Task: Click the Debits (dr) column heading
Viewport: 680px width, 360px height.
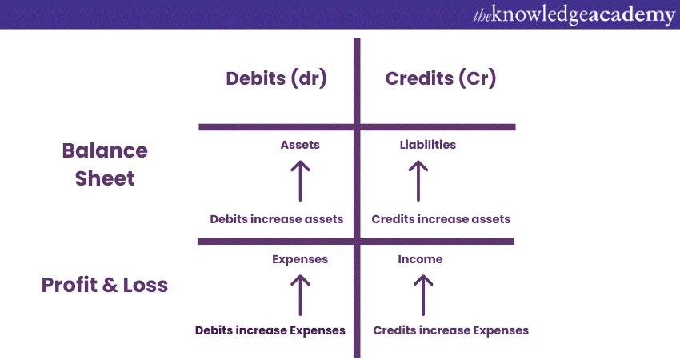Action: (276, 79)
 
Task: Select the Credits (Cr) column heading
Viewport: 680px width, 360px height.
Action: (441, 79)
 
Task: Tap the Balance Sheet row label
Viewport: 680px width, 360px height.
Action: (105, 164)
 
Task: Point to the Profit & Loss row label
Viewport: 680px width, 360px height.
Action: (105, 285)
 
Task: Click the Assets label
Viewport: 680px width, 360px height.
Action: (300, 145)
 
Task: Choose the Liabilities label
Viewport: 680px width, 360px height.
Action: (428, 145)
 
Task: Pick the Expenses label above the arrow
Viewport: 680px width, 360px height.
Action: (300, 260)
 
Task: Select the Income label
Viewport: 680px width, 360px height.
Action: (420, 259)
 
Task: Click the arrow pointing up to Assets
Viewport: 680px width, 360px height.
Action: (300, 181)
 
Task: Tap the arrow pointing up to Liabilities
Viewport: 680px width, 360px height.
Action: (418, 181)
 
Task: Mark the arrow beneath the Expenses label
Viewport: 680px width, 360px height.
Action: (300, 295)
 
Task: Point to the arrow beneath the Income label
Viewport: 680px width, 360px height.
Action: (423, 295)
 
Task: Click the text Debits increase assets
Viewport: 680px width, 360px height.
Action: (277, 219)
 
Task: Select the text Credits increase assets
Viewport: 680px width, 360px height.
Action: (441, 219)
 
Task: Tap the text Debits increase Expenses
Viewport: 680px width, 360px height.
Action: (270, 331)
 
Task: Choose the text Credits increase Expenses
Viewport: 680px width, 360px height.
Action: (451, 331)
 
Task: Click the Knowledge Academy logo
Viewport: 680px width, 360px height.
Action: (574, 15)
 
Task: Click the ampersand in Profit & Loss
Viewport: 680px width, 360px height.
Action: (110, 286)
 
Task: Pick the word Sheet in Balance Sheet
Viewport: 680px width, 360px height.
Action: (105, 178)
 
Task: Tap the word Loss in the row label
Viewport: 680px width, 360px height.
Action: (146, 286)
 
